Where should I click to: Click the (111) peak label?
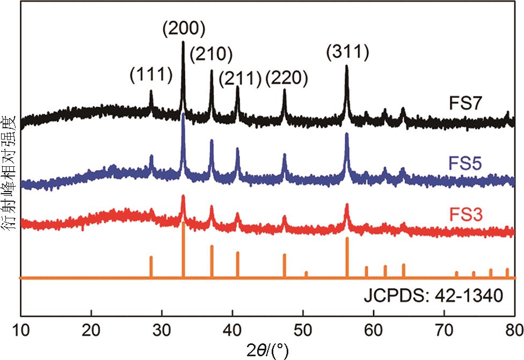coord(151,75)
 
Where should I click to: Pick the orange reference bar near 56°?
coord(347,258)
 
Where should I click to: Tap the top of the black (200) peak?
coord(184,43)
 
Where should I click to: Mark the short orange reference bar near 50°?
coord(306,274)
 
